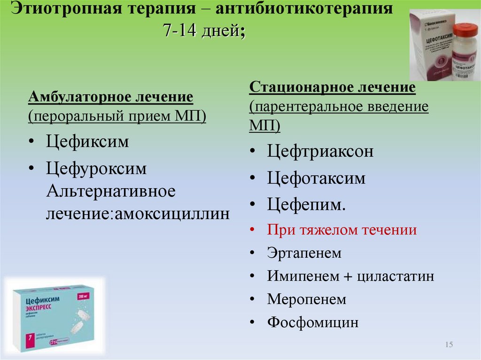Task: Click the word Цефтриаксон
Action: tap(320, 152)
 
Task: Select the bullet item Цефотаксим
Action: tap(316, 178)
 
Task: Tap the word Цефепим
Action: tap(306, 205)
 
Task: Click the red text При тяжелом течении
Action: tap(342, 230)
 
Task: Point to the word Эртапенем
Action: tap(304, 253)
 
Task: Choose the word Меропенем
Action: tap(307, 299)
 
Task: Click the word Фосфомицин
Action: tap(313, 323)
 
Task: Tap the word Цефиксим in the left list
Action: tap(87, 142)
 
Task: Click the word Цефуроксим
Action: tap(96, 169)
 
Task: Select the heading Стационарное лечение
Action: tap(333, 87)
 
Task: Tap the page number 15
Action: tap(448, 345)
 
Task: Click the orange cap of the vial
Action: tap(462, 29)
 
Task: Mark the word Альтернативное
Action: tap(110, 191)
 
